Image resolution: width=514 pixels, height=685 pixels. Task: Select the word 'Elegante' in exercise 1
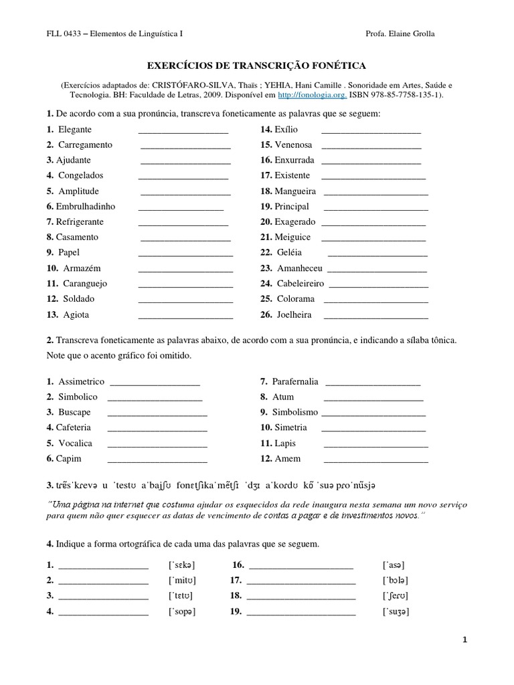tap(75, 129)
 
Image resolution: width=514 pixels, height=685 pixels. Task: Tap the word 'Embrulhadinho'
tap(86, 207)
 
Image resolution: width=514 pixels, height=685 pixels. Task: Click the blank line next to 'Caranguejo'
tap(185, 284)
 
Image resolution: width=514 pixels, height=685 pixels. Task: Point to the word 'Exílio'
tap(286, 129)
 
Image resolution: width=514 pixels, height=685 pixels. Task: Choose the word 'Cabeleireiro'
tap(301, 284)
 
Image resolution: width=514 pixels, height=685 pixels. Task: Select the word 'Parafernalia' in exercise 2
tap(295, 381)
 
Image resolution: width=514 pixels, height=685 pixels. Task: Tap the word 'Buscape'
tap(74, 412)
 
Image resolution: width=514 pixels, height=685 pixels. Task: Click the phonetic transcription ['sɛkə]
tap(182, 565)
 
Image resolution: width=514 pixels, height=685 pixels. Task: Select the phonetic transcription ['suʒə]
tap(396, 611)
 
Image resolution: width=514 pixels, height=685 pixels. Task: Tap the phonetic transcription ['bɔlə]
tap(396, 581)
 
